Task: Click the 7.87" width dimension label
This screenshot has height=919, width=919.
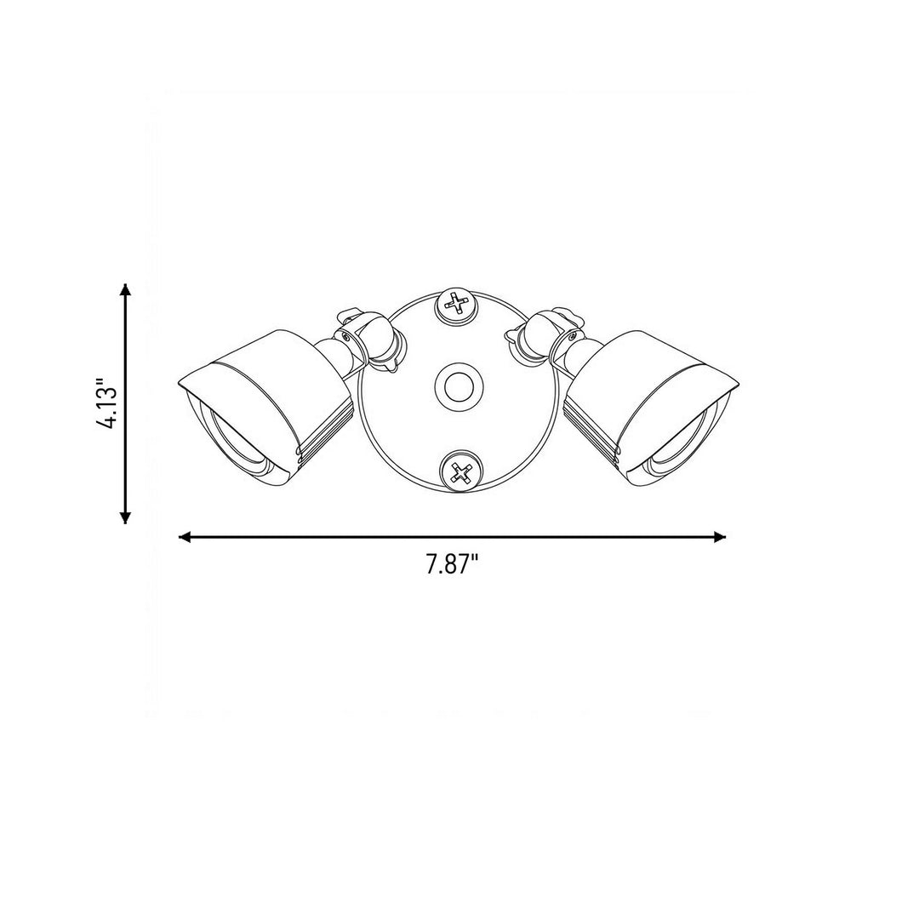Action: (x=453, y=565)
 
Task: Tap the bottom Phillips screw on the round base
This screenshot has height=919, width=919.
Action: (x=462, y=471)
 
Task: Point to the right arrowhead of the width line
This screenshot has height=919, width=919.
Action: (x=719, y=537)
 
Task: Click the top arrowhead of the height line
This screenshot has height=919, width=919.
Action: (x=125, y=291)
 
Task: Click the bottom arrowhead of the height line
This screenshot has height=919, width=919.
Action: (x=125, y=516)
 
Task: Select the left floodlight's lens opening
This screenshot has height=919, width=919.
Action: (x=235, y=445)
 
